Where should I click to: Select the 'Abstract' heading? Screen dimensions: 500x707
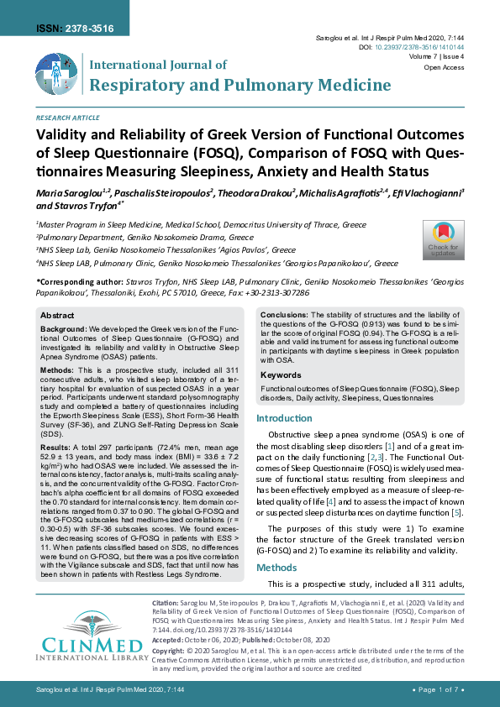57,314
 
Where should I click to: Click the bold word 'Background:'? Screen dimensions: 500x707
64,329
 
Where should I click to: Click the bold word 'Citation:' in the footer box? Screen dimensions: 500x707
165,604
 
